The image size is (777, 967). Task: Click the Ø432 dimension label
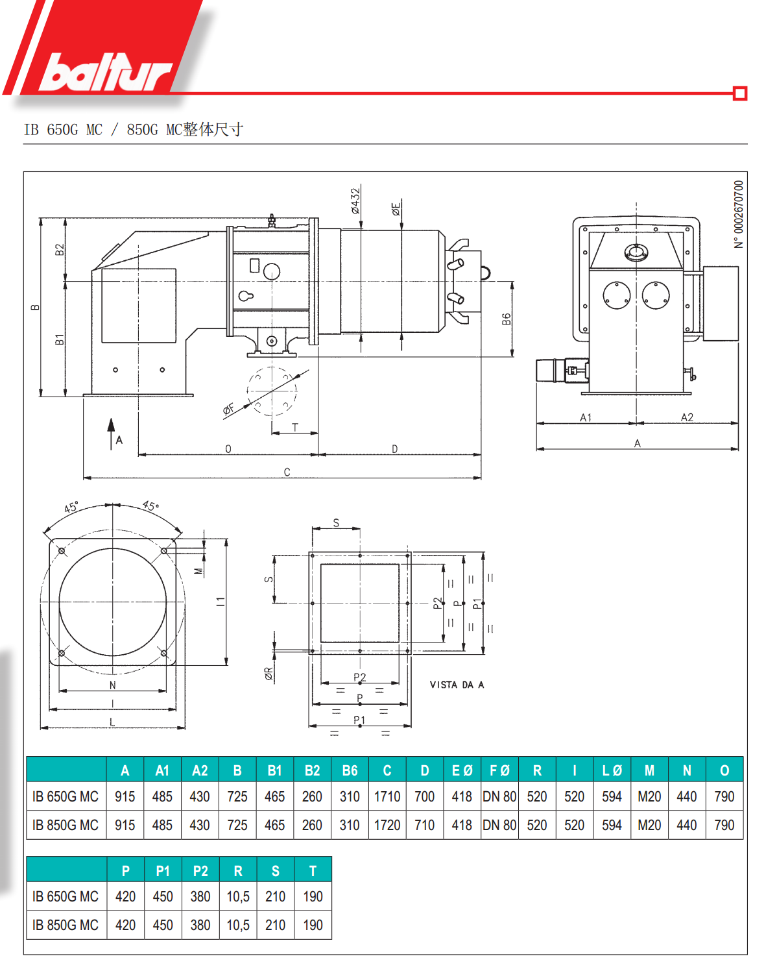[x=355, y=201]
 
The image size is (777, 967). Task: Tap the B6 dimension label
[x=507, y=319]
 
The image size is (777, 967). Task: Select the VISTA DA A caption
[x=457, y=685]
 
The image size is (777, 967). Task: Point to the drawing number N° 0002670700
[x=739, y=214]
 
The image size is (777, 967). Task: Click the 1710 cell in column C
[x=387, y=796]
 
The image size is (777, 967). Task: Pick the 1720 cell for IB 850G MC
[x=387, y=825]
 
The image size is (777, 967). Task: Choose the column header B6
[x=350, y=770]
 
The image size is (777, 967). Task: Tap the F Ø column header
[x=499, y=770]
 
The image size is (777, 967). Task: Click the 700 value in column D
[x=425, y=796]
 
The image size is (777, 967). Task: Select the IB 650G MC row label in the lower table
[x=66, y=896]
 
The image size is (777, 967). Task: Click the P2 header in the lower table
[x=200, y=871]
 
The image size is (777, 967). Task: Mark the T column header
[x=313, y=871]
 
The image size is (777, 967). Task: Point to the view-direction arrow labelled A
[x=111, y=432]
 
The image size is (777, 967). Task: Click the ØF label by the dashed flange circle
[x=228, y=410]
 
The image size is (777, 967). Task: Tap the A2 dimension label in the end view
[x=687, y=417]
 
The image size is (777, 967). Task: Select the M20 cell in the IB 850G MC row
[x=649, y=825]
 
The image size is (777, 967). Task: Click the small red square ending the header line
[x=739, y=93]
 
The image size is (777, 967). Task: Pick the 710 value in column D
[x=425, y=825]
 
